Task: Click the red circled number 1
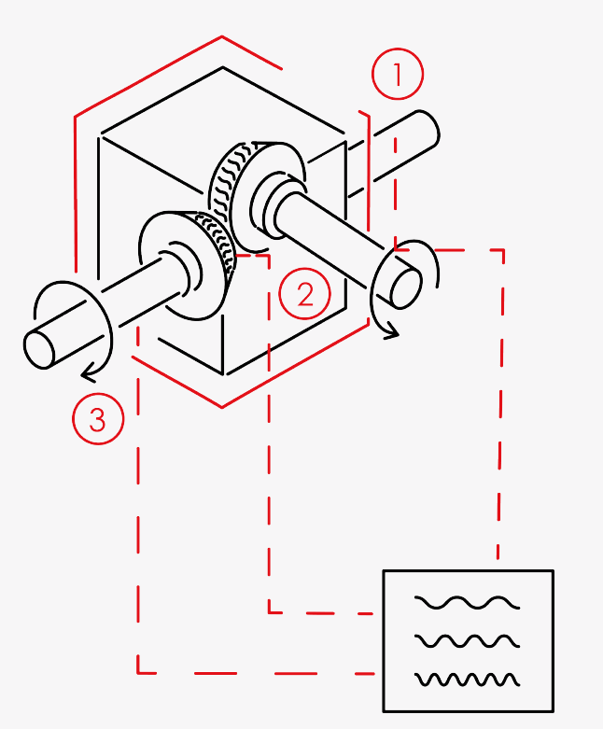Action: [x=398, y=74]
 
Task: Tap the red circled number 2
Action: [x=304, y=293]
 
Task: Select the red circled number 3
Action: [x=98, y=419]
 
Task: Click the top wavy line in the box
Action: [x=467, y=603]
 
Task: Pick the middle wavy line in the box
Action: [x=467, y=641]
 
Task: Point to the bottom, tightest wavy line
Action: [x=467, y=680]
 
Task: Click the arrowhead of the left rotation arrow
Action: [x=89, y=374]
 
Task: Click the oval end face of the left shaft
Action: [x=39, y=350]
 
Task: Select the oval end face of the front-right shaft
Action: [x=406, y=289]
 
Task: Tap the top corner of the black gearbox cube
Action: [x=223, y=67]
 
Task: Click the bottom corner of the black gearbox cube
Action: [x=224, y=373]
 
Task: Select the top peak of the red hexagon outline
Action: [x=222, y=36]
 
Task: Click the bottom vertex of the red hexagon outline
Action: [x=222, y=407]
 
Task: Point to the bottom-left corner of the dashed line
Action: [x=138, y=672]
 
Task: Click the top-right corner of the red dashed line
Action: [x=503, y=250]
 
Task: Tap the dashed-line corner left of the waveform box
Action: [x=269, y=612]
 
